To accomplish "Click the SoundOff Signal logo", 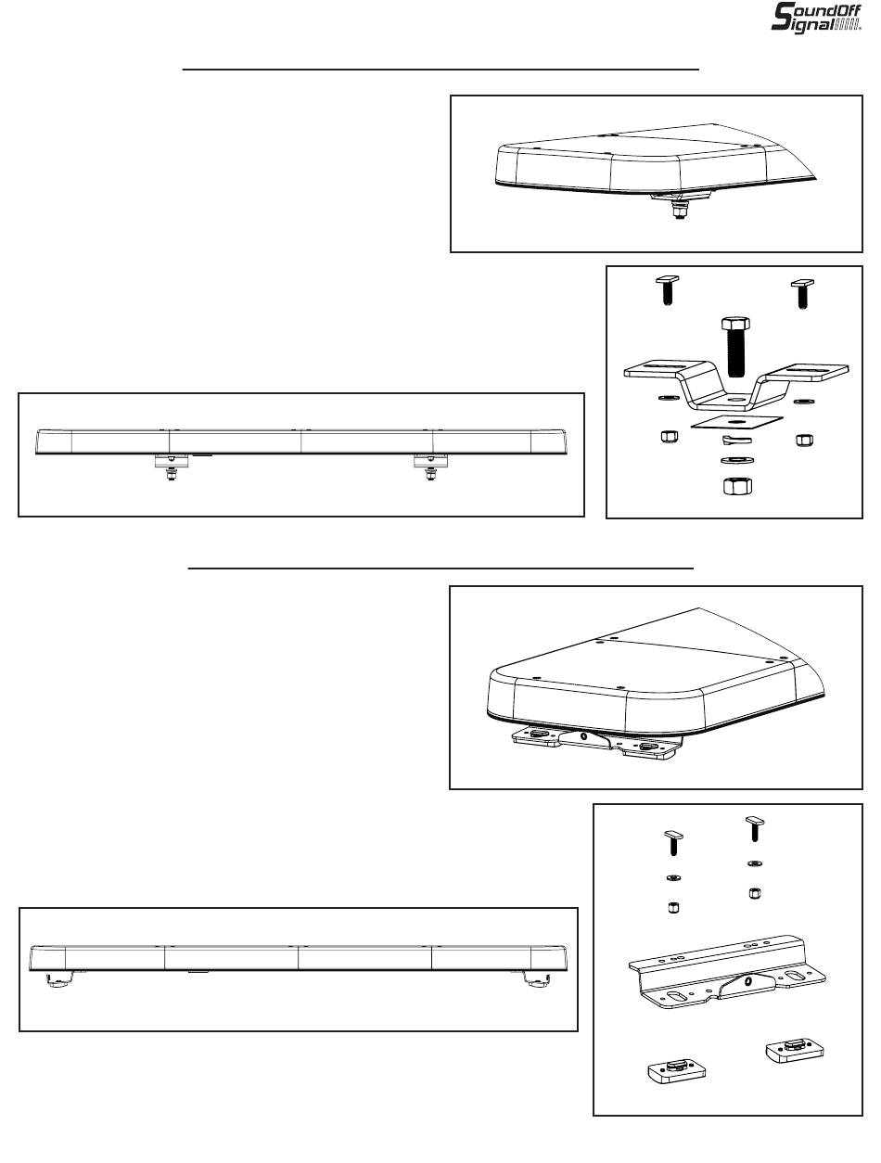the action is coord(816,18).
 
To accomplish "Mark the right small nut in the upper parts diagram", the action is coord(803,439).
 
